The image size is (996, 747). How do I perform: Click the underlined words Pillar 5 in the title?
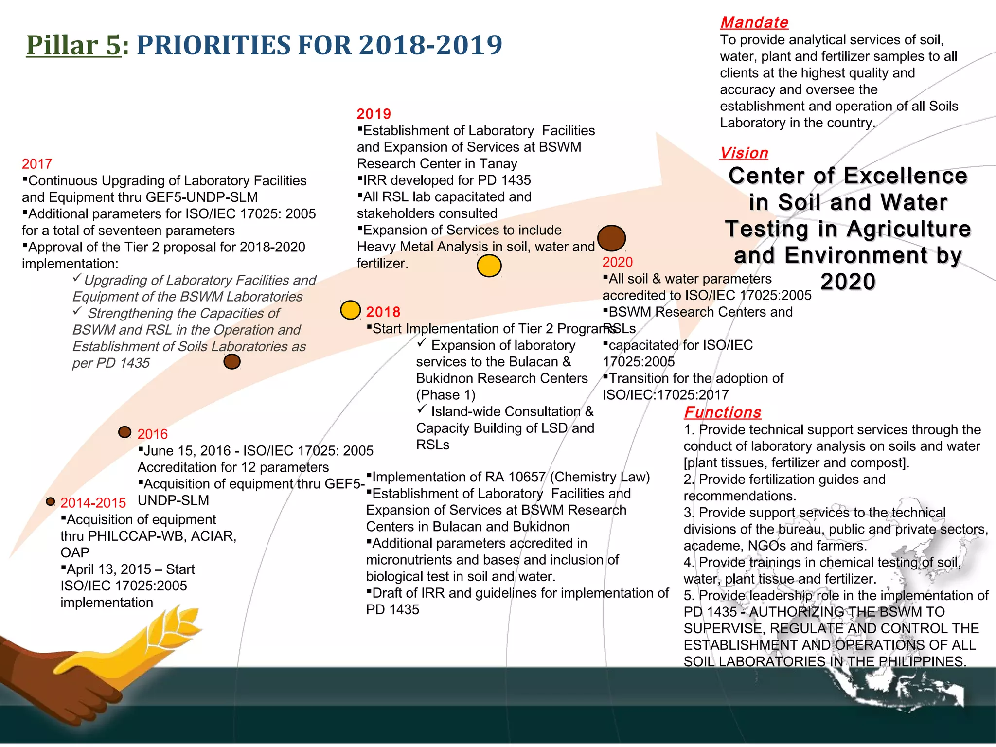click(73, 45)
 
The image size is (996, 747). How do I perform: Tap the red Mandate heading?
click(754, 22)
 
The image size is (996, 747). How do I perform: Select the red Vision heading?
click(744, 153)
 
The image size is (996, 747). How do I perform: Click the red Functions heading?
click(722, 412)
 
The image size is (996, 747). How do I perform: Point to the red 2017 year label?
click(37, 164)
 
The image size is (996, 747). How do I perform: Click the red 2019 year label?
click(373, 114)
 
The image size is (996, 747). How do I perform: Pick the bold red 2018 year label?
click(383, 312)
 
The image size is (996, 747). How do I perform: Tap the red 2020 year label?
click(617, 262)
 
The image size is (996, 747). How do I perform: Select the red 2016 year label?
click(152, 434)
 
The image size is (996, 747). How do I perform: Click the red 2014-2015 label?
click(93, 503)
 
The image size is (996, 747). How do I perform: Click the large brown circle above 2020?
click(611, 238)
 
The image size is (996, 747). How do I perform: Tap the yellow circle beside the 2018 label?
click(350, 310)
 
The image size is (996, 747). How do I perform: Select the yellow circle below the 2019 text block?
click(489, 266)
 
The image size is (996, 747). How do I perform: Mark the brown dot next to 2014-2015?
click(50, 501)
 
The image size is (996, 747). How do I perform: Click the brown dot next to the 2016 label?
click(124, 432)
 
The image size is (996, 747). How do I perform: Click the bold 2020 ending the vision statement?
click(848, 282)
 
